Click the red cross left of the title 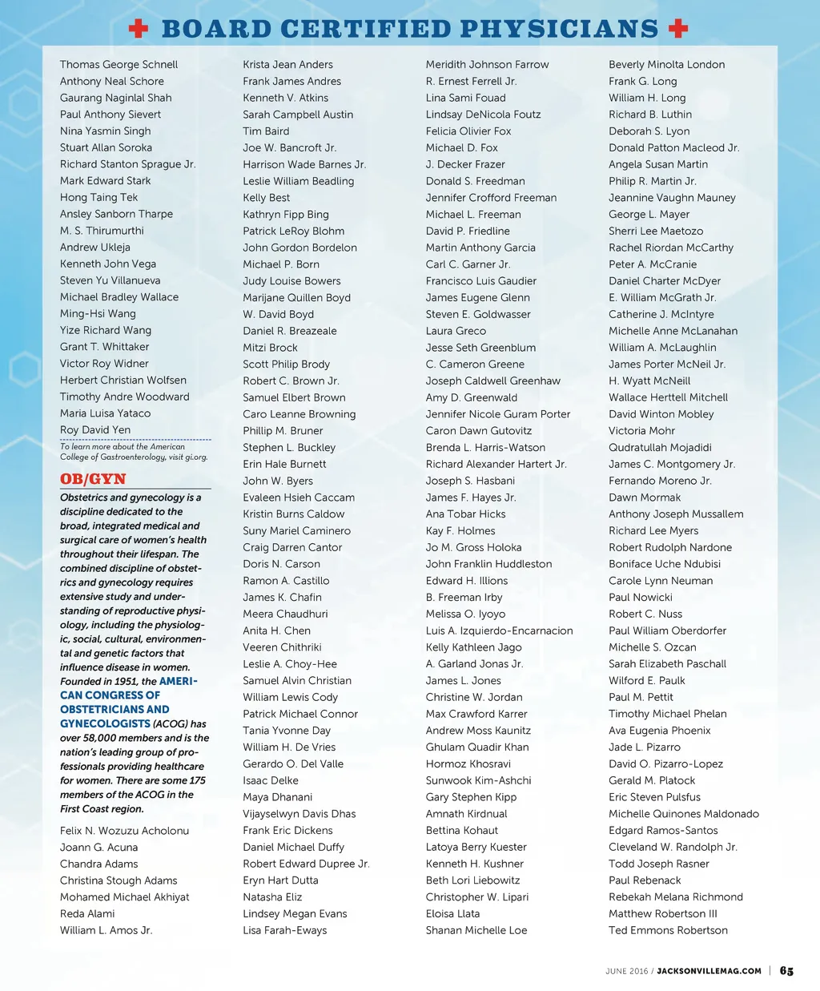(139, 29)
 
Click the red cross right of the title (678, 29)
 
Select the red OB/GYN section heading (93, 479)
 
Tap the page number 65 (786, 971)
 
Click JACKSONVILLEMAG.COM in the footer (709, 971)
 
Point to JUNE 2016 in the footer (627, 971)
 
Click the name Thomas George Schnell (119, 65)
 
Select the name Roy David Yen (95, 430)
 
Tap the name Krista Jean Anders (287, 65)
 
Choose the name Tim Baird (266, 131)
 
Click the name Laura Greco (456, 331)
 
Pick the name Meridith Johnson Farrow (487, 65)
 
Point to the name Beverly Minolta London (666, 65)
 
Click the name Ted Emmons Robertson (668, 930)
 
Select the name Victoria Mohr (641, 430)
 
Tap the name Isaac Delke (271, 780)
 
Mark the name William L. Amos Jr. (106, 930)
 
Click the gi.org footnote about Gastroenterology (133, 452)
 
